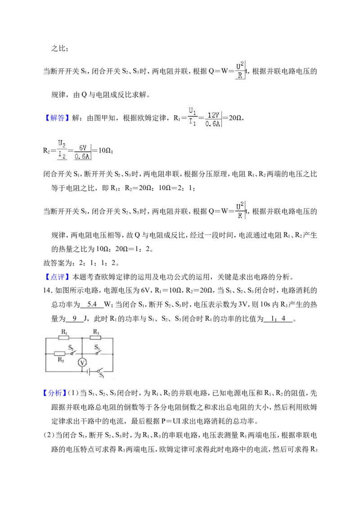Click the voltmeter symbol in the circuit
[82, 362]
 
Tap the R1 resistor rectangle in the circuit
[64, 338]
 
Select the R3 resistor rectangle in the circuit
[95, 338]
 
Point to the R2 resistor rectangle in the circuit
[59, 353]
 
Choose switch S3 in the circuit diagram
[98, 352]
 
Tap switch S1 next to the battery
[99, 371]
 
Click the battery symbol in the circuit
[89, 371]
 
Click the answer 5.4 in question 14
[92, 304]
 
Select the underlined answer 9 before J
[75, 318]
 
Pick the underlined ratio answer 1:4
[279, 318]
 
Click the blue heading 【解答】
[56, 118]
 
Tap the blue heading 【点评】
[56, 277]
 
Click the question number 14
[47, 290]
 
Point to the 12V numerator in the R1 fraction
[213, 115]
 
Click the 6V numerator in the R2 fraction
[83, 147]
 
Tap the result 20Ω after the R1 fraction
[235, 118]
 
